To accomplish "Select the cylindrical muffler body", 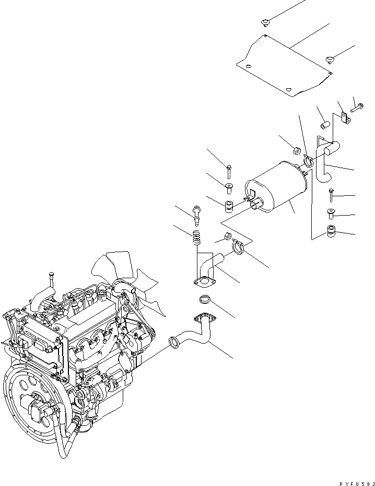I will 277,191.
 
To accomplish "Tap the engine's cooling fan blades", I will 125,271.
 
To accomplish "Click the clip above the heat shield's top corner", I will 265,21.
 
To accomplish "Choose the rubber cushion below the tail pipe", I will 331,231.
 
